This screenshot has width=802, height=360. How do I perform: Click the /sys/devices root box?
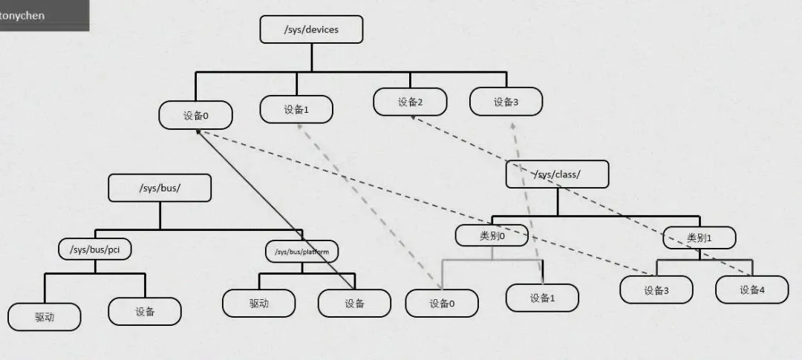311,30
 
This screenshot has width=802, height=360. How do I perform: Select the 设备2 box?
410,102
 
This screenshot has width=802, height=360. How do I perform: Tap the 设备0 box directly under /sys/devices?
195,116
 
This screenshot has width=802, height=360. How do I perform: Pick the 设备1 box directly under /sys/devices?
296,109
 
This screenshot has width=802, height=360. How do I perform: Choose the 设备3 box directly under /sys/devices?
506,102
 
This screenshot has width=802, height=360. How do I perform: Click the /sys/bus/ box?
160,188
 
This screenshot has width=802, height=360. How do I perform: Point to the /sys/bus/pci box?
95,249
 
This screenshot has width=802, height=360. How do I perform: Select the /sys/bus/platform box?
302,252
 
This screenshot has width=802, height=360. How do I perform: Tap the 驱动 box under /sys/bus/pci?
45,315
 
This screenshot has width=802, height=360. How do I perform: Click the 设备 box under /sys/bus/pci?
145,311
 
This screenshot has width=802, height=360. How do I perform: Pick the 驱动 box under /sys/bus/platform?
258,303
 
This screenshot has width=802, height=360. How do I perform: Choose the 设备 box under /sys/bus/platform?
354,303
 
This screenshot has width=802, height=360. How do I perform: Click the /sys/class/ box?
557,174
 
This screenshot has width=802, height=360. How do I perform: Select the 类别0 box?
492,235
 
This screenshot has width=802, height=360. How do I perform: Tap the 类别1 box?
699,238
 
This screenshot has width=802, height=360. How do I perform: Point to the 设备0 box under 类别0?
442,303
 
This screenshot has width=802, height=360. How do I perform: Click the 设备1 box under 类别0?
542,298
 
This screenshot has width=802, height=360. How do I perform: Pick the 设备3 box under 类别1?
656,289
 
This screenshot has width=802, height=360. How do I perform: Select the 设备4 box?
752,289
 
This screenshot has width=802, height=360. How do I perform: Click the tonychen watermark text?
22,15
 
